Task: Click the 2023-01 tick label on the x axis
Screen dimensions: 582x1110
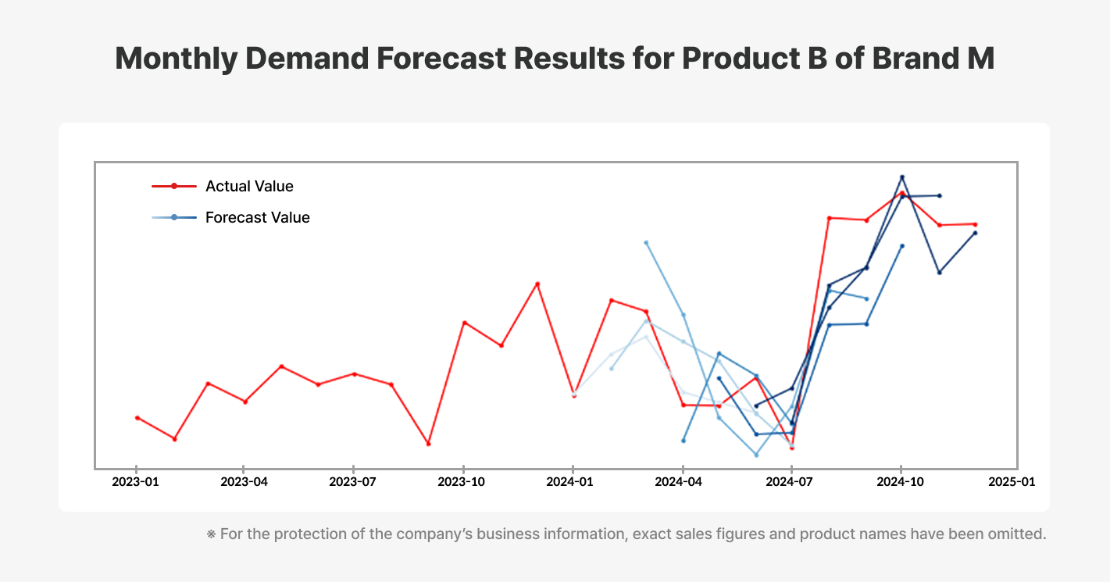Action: point(136,482)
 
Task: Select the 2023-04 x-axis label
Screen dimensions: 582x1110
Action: point(244,482)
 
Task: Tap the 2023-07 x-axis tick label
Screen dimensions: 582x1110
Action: point(354,482)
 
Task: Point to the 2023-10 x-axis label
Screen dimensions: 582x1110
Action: point(464,482)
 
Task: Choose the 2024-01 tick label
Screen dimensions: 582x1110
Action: point(573,482)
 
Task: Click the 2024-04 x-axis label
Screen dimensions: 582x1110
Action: point(683,482)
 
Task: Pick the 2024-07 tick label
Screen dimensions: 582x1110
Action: point(791,482)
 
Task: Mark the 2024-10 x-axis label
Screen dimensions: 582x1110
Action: point(901,482)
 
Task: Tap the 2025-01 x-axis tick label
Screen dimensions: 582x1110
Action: point(1011,482)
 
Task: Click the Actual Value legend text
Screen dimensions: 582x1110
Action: point(249,186)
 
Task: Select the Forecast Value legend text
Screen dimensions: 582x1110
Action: point(257,217)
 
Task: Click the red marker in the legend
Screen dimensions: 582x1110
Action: point(174,186)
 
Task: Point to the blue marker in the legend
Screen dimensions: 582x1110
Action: point(174,217)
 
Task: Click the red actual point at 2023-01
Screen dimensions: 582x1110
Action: point(137,418)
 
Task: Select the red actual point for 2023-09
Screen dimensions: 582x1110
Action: point(428,444)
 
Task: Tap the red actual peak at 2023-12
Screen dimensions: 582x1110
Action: point(537,284)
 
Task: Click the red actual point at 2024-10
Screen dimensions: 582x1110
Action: point(902,193)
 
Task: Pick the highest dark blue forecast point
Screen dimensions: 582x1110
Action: point(902,177)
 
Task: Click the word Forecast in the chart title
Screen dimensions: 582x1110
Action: point(439,59)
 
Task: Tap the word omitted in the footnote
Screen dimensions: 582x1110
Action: point(1015,535)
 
